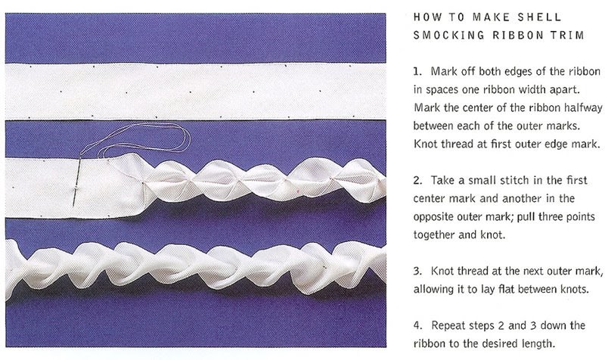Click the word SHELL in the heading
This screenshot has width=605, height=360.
click(x=539, y=17)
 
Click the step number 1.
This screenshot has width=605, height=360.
click(x=417, y=72)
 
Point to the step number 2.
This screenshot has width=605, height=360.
click(x=417, y=181)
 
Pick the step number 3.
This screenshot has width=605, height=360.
click(x=417, y=271)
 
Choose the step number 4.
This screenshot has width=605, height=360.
click(x=417, y=325)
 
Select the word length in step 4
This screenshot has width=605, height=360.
click(x=539, y=344)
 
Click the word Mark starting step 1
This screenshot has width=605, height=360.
click(x=441, y=71)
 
